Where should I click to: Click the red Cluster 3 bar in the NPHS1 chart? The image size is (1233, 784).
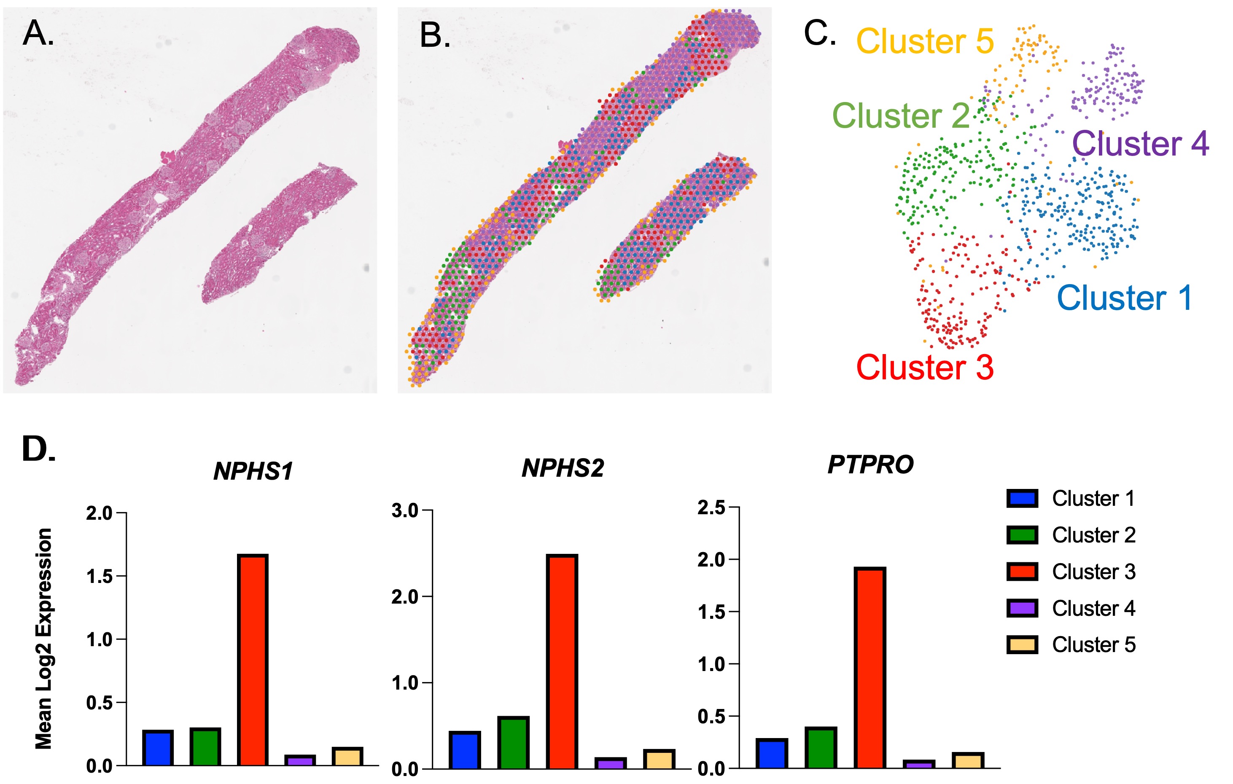pos(253,660)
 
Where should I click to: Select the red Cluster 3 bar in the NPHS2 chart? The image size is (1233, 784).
pos(562,661)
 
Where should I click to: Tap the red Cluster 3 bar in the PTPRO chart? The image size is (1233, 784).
pos(870,667)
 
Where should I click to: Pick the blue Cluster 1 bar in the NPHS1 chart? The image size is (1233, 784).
pos(158,748)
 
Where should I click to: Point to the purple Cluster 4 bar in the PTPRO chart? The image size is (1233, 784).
pos(918,764)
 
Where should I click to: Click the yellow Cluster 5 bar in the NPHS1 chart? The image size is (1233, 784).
pos(347,756)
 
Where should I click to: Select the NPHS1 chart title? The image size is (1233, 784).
pos(253,471)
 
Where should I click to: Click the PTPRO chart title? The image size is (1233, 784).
pos(870,464)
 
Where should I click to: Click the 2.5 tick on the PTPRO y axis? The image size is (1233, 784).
pos(712,507)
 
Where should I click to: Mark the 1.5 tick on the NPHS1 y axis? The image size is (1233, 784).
pos(100,577)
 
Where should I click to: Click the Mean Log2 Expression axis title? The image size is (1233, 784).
pos(44,639)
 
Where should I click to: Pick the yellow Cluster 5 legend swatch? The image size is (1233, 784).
pos(1022,645)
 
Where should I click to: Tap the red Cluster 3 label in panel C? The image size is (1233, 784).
pos(925,368)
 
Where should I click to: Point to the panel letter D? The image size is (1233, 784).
pos(38,449)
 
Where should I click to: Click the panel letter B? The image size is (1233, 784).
pos(435,36)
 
